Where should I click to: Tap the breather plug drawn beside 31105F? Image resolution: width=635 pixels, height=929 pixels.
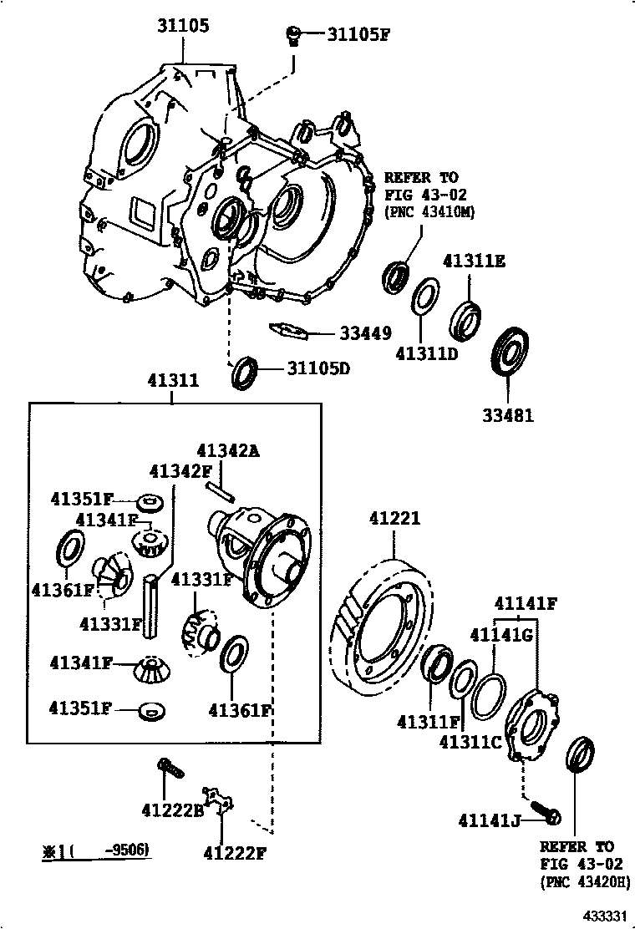294,36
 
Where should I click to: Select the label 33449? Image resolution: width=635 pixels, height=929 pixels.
365,333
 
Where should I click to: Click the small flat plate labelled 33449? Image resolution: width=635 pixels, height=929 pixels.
291,330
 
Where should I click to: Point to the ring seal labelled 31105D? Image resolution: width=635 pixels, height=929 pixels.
244,373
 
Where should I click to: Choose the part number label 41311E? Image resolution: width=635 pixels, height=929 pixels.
474,261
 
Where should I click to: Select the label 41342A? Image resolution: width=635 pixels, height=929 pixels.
228,451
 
